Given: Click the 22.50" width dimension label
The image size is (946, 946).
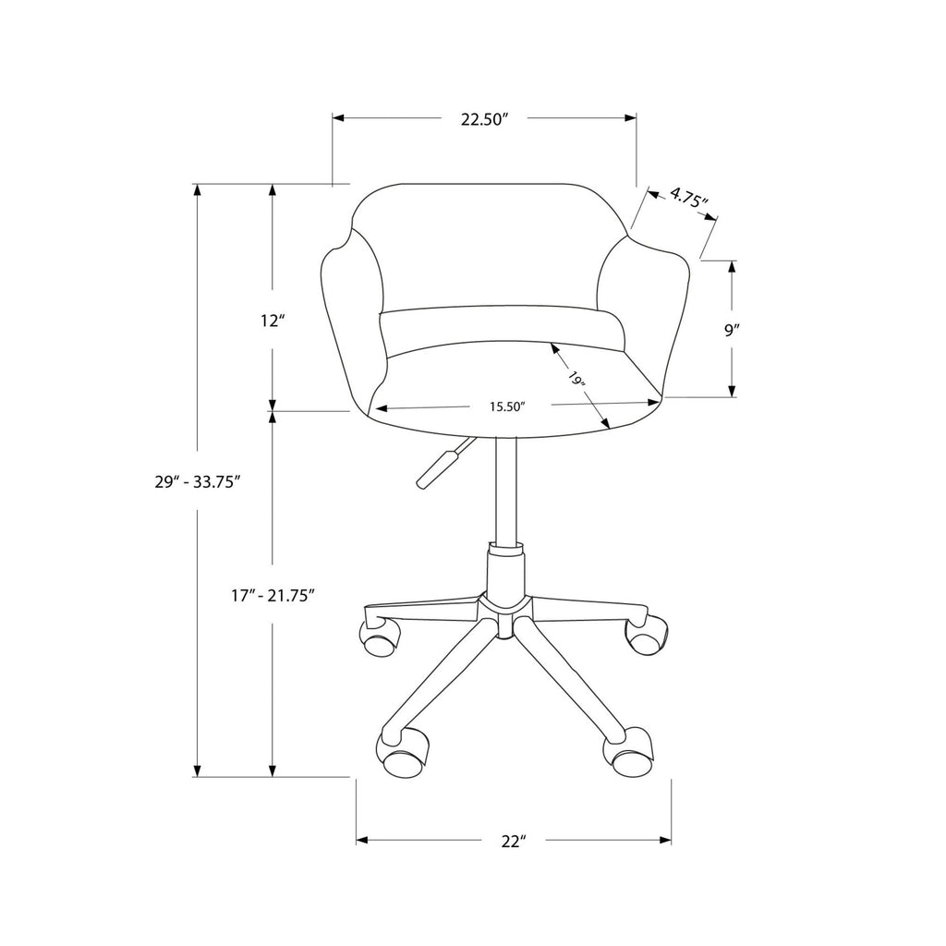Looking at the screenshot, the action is pos(481,119).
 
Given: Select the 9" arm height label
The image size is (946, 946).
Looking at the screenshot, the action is pos(732,330).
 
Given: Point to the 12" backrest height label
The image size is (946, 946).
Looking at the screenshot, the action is pos(273,321).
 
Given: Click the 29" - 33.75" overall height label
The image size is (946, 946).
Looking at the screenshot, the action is pos(199,481).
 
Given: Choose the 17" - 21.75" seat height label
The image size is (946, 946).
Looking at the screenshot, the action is pos(273,596).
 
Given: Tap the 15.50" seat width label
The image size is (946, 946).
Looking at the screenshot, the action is pos(508,406).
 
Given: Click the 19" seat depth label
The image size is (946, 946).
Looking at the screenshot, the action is pos(576,380).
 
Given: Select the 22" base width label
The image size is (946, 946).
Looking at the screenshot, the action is pos(514,841).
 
